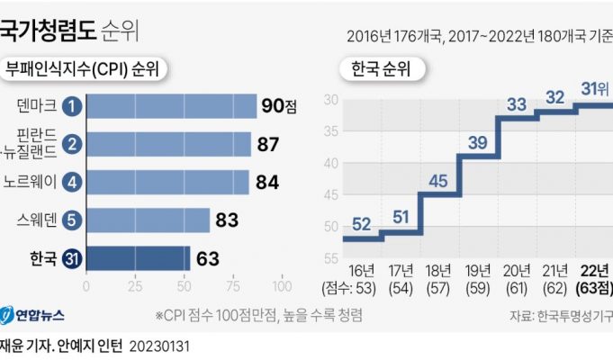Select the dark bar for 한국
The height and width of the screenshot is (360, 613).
tap(138, 259)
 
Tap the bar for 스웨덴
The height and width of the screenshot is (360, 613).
tap(148, 220)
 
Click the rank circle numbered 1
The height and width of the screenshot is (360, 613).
tap(75, 105)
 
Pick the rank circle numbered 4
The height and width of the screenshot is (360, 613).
tap(75, 181)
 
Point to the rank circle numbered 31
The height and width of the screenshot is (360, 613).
tap(75, 259)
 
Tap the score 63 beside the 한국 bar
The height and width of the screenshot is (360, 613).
tap(208, 259)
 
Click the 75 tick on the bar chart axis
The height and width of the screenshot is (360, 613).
tap(231, 286)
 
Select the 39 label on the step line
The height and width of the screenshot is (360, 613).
tap(478, 142)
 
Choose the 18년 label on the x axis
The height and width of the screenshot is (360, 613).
tap(439, 271)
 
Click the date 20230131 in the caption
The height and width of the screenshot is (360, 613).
tap(161, 345)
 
